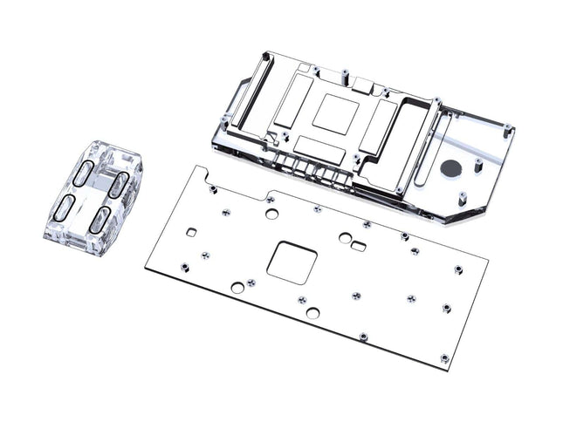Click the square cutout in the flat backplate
pyautogui.click(x=291, y=261)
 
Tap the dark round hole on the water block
pyautogui.click(x=451, y=167)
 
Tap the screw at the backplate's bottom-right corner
pyautogui.click(x=444, y=357)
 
